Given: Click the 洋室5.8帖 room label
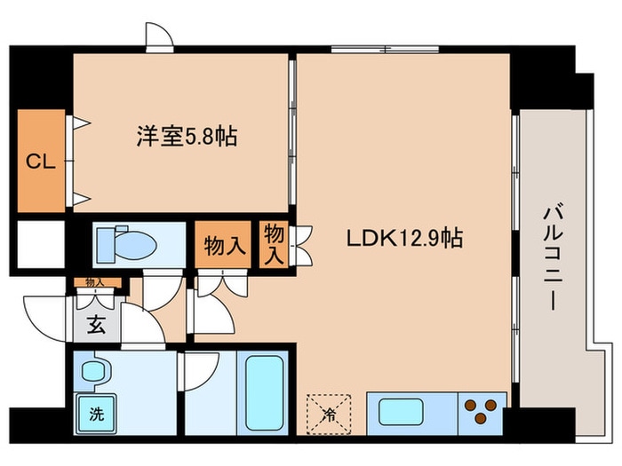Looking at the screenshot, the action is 187,137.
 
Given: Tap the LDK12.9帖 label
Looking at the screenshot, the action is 404,238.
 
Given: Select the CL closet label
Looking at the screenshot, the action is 41,162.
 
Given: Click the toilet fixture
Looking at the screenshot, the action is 126,244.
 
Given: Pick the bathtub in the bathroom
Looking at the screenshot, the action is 265,392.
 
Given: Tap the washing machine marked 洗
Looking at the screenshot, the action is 96,414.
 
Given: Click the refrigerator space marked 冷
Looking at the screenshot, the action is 329,414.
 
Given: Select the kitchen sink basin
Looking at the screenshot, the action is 401,412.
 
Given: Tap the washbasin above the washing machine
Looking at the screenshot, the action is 94,371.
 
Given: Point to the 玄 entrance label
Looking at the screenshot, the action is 96,326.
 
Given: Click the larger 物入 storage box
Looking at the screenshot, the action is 223,244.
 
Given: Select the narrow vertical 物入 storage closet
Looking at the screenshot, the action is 274,244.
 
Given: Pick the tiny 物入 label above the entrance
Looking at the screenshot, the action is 95,282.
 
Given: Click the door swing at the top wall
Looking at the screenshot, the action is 159,36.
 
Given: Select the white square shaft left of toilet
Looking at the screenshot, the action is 41,244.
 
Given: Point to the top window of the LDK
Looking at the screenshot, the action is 385,50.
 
